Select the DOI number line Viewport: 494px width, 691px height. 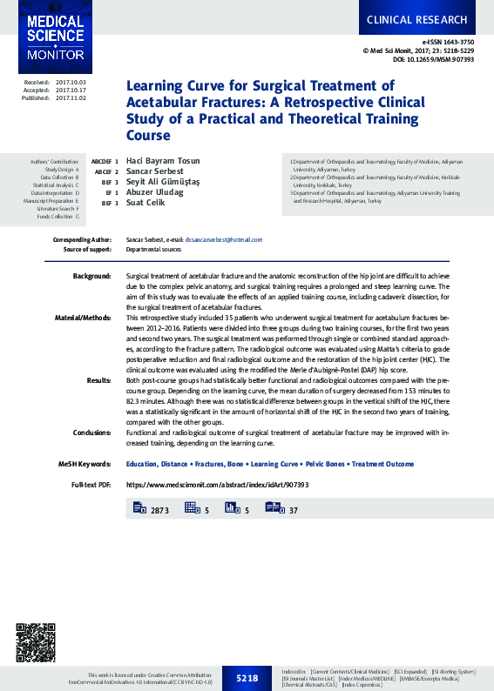(433, 60)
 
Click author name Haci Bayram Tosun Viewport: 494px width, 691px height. (163, 162)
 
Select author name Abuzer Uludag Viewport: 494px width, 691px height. (155, 192)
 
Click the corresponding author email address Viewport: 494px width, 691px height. (223, 239)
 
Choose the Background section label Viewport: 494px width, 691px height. (91, 275)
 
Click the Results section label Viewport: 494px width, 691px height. (98, 380)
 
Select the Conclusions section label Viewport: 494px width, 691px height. (91, 432)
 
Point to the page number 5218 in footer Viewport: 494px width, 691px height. (247, 678)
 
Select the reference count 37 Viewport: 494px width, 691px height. (294, 509)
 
